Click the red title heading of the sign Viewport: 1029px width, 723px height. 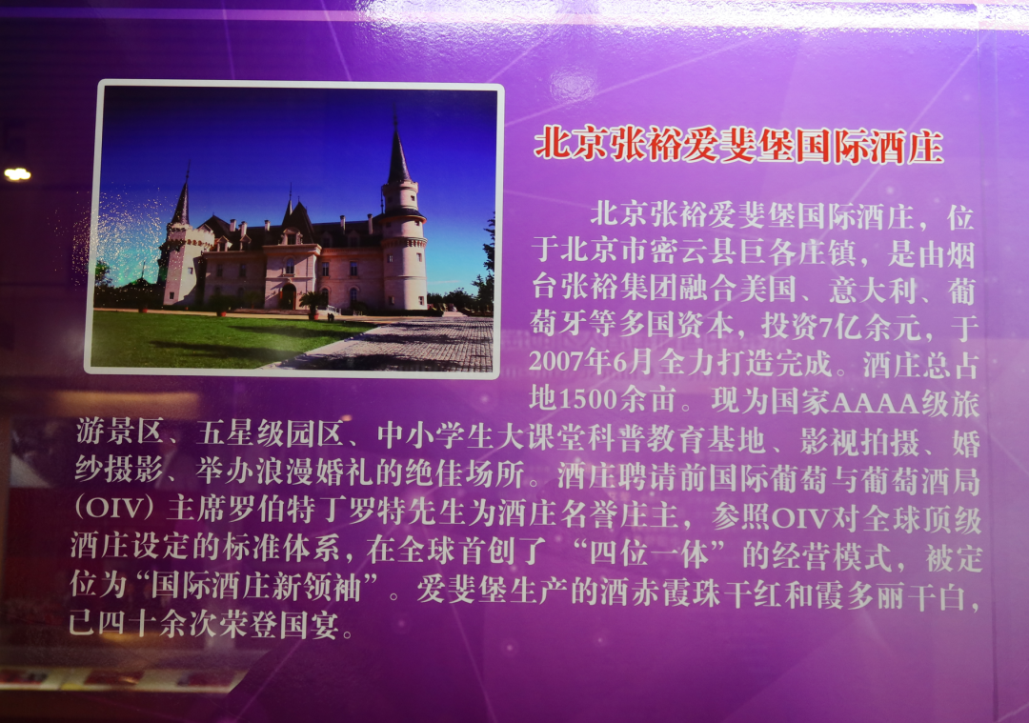[x=739, y=147]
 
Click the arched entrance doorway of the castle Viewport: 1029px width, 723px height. [x=288, y=295]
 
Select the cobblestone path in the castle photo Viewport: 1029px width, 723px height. [x=407, y=345]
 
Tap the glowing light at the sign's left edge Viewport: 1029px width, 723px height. [x=17, y=174]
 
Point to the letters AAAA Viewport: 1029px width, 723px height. [x=876, y=403]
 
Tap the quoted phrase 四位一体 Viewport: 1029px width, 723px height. [x=649, y=554]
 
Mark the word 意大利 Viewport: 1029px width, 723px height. [x=872, y=290]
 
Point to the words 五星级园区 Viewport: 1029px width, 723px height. [x=270, y=433]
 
